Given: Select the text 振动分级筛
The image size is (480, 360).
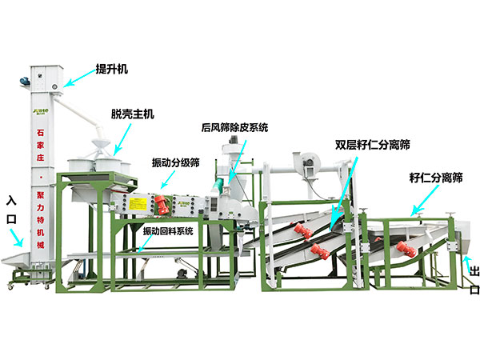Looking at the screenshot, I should point(176,162).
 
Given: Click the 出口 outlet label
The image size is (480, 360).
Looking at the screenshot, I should point(473,278).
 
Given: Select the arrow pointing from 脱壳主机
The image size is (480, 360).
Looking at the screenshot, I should point(121,140).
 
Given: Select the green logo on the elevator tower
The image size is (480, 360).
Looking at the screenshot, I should point(40,113).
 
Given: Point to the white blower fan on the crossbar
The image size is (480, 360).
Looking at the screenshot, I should point(308,162).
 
